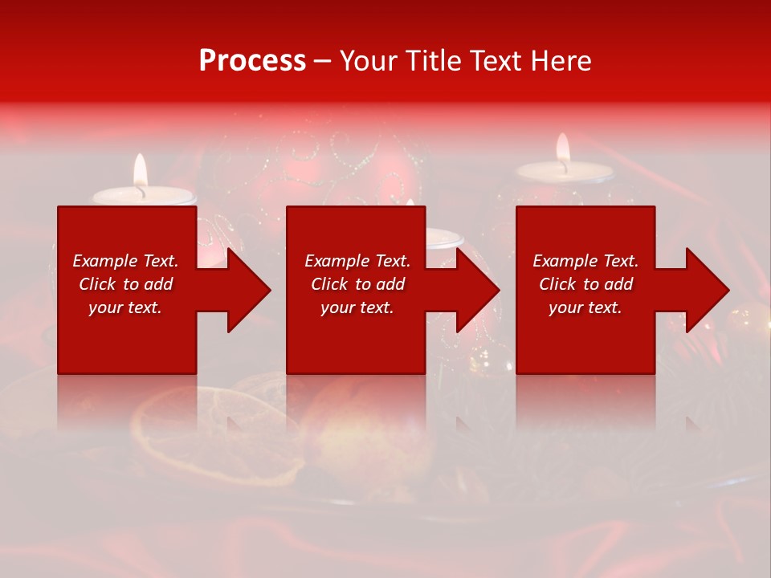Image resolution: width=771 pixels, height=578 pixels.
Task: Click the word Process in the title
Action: pos(252,61)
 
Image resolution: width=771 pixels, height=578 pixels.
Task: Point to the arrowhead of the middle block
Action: pos(477,290)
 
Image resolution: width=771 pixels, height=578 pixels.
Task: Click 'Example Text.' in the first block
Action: pos(125,261)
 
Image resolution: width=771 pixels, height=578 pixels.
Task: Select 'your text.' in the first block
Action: pos(125,307)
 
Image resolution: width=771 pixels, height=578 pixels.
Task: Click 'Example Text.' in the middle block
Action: pos(357,261)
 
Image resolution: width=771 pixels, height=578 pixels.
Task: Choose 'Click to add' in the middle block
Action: pos(357,284)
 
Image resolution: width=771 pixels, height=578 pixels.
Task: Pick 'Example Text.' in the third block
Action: pos(585,261)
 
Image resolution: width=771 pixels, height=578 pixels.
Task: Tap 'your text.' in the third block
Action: pos(585,307)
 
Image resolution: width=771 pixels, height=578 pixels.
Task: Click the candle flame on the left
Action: pos(141,171)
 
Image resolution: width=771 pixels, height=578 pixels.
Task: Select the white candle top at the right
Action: pos(565,171)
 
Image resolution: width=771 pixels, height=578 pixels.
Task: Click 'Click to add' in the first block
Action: pos(125,284)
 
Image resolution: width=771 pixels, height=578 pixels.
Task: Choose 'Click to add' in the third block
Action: pos(585,284)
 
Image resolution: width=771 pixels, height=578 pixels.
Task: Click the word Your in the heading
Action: pos(367,61)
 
